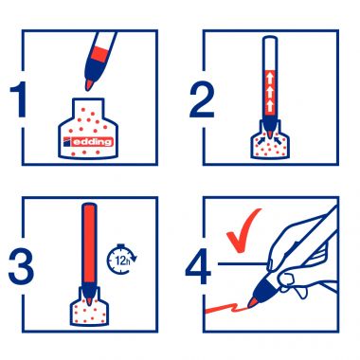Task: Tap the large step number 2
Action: (x=202, y=99)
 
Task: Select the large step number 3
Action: (x=21, y=265)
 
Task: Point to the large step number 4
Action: (x=198, y=267)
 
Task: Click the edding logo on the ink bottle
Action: (x=88, y=142)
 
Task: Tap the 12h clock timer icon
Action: (x=122, y=259)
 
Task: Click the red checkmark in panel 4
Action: (x=243, y=230)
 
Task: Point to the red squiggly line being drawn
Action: (x=226, y=307)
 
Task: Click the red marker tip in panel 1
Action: (x=89, y=84)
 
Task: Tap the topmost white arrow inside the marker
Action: (x=270, y=77)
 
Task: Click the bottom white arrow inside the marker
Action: (x=270, y=104)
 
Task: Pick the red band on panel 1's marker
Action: (x=102, y=53)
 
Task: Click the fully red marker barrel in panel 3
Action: (x=89, y=243)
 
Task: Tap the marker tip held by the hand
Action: (x=252, y=302)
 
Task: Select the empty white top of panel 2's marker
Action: (x=270, y=54)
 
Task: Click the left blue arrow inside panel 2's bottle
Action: (x=261, y=141)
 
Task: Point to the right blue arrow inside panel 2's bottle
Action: (x=279, y=140)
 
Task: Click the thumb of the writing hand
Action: (x=286, y=279)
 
